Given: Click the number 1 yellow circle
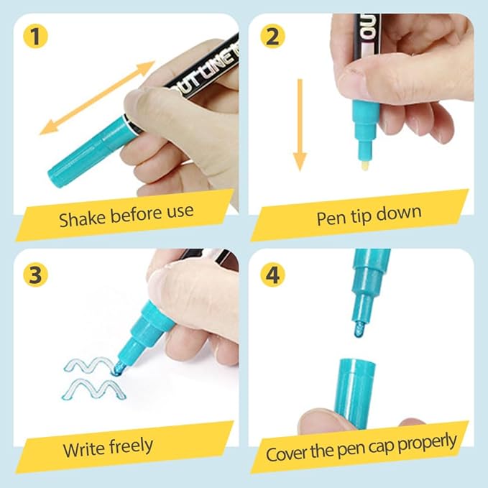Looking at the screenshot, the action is tap(35, 37).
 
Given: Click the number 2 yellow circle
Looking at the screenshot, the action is tap(272, 37).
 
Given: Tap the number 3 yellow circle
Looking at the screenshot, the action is tap(35, 275).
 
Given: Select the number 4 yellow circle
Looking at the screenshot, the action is tap(272, 275).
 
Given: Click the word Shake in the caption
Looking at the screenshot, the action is tap(82, 218).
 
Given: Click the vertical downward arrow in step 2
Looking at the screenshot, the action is tap(300, 125).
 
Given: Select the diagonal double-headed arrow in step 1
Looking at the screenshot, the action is tap(97, 98).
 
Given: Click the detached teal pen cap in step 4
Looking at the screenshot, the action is tap(355, 394).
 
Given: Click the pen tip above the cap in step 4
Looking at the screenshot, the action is tap(359, 330).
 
